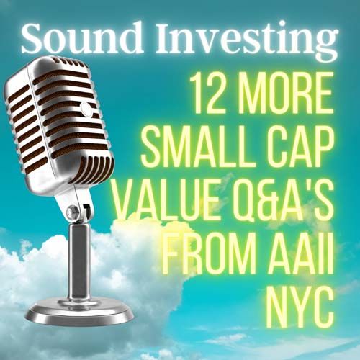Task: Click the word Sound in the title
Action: click(x=82, y=37)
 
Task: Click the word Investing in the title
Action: click(x=246, y=42)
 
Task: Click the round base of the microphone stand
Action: click(x=79, y=312)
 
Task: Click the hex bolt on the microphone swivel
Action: click(x=71, y=211)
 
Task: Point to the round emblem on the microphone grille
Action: click(x=86, y=109)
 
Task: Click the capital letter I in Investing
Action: click(x=165, y=38)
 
